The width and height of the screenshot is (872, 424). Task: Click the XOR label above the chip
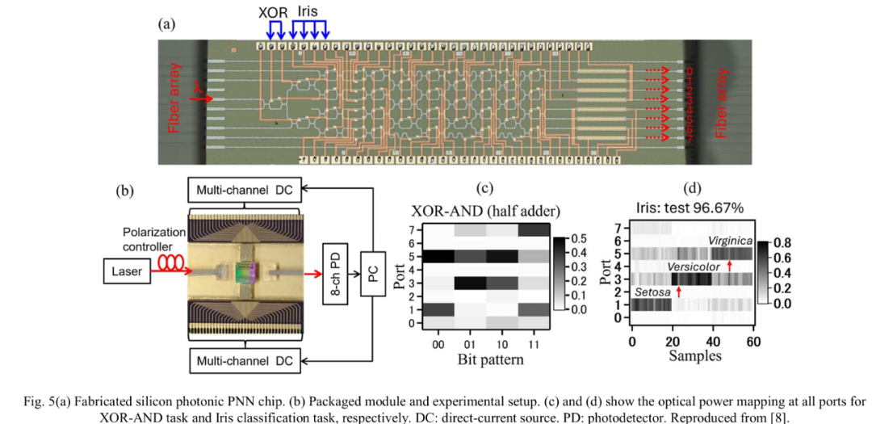(x=273, y=13)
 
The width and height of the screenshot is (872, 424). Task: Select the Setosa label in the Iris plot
(x=652, y=292)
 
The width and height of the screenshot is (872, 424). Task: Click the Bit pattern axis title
(x=484, y=359)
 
